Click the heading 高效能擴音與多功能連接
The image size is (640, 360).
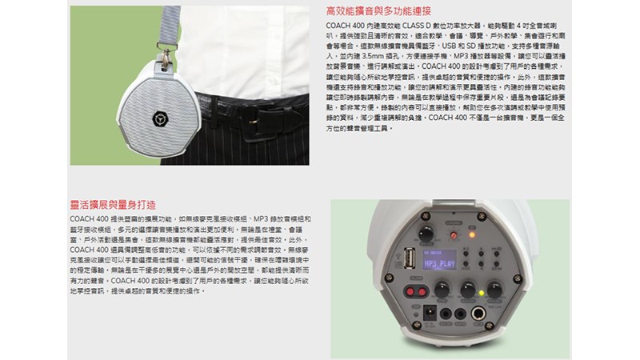coord(379,11)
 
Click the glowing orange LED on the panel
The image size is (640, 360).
coord(471,235)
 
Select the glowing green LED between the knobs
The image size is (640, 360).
coord(480,293)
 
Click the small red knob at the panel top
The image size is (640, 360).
coord(454,234)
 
